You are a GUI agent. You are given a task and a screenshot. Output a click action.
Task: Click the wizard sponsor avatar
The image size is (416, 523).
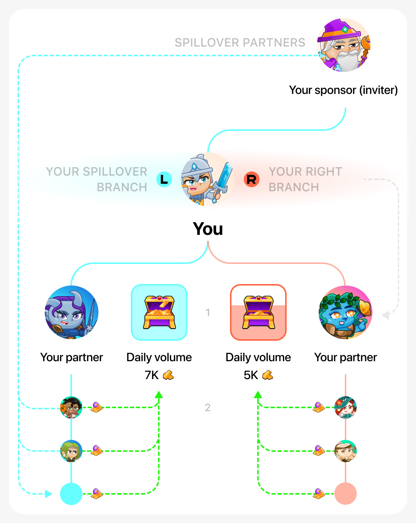[x=343, y=45]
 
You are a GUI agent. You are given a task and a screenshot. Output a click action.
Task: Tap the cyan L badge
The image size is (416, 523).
[x=164, y=179]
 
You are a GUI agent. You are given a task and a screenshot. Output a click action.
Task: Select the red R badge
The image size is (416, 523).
[x=252, y=179]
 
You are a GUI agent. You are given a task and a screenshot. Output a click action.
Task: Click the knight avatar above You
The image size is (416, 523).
[x=207, y=179]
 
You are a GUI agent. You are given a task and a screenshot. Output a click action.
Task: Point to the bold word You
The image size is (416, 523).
[x=208, y=229]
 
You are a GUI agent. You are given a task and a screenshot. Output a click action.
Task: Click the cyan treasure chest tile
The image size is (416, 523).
[x=159, y=312]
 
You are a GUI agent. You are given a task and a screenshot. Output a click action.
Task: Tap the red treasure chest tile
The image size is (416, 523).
[x=258, y=312]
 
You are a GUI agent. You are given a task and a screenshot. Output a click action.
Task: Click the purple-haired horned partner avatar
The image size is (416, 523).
[x=72, y=312]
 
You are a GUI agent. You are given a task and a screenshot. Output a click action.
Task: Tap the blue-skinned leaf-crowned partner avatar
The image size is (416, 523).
[x=345, y=312]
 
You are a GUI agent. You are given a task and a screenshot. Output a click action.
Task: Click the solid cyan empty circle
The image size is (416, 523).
[x=71, y=494]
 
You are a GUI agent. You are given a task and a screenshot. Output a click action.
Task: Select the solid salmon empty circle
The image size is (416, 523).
[x=346, y=494]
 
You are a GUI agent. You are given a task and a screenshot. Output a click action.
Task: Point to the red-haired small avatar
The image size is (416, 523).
[x=346, y=407]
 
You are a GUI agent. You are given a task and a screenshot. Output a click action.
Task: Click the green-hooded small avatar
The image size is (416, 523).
[x=71, y=451]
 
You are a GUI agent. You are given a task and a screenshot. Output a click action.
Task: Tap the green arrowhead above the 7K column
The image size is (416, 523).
[x=159, y=394]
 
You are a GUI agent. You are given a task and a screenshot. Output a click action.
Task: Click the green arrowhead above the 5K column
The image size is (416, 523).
[x=258, y=394]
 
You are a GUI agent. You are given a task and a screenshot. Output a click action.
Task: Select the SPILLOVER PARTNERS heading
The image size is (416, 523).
[x=240, y=43]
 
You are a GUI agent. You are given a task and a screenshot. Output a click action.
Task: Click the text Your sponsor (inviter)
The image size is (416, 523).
[x=343, y=90]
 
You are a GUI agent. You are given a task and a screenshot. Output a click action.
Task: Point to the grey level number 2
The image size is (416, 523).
[x=208, y=407]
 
